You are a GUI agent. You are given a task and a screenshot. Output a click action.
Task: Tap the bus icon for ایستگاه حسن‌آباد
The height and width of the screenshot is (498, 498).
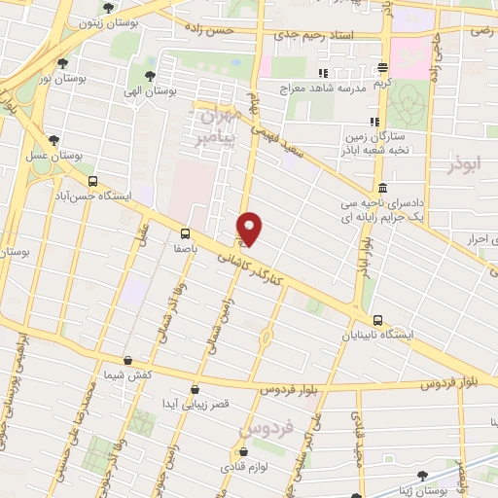pyautogui.click(x=92, y=181)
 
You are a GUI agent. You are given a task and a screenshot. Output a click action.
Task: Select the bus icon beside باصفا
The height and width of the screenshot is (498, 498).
pyautogui.click(x=185, y=233)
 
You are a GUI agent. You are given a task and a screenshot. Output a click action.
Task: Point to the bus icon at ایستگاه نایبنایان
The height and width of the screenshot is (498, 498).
pyautogui.click(x=377, y=321)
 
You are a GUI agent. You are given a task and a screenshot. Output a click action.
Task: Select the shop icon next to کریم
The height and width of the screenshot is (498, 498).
pyautogui.click(x=382, y=68)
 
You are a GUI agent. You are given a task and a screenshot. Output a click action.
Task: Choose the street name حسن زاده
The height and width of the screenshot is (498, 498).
pyautogui.click(x=239, y=31)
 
